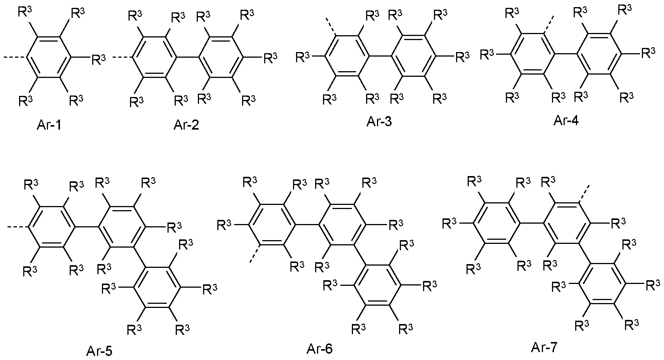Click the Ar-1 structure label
[x=49, y=125]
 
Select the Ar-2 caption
[x=186, y=125]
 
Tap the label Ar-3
[x=379, y=122]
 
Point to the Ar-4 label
[x=566, y=121]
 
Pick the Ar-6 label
[x=319, y=349]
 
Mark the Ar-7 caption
[x=544, y=348]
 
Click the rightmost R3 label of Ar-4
[x=648, y=52]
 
